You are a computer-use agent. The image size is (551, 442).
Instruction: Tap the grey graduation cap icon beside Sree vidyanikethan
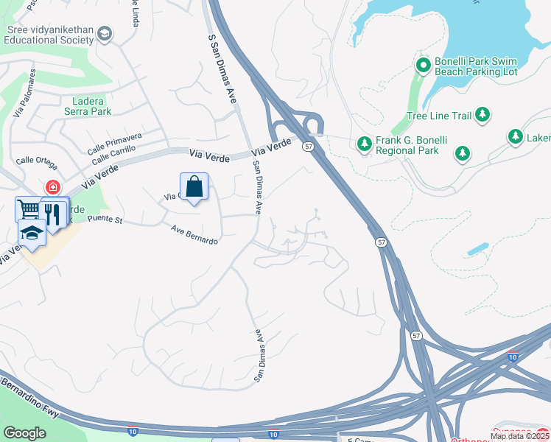(105, 33)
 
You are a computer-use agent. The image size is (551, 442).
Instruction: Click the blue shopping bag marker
(194, 187)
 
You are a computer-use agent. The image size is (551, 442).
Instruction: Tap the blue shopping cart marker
(28, 210)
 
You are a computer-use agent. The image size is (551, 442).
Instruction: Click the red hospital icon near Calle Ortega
(52, 187)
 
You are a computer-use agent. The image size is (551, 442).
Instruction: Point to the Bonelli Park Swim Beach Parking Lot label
(476, 66)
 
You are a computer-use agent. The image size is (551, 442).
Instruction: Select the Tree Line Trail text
(438, 116)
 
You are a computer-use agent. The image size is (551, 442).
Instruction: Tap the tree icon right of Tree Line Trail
(482, 114)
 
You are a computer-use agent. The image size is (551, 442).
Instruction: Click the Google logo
(25, 432)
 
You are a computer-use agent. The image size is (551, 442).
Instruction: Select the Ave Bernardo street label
(194, 235)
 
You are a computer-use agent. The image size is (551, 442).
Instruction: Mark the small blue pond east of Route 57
(477, 248)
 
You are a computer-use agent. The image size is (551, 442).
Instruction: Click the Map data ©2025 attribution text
(520, 436)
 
